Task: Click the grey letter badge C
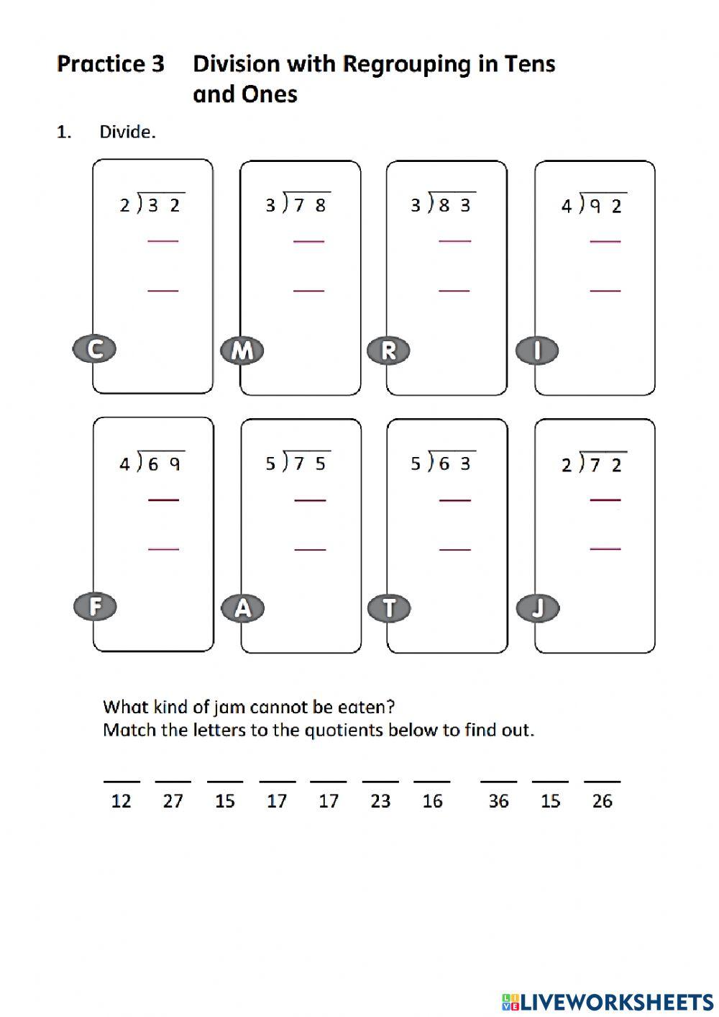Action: pyautogui.click(x=94, y=349)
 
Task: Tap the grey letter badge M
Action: pyautogui.click(x=242, y=350)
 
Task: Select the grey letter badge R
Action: pyautogui.click(x=388, y=351)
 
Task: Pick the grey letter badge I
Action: pyautogui.click(x=537, y=351)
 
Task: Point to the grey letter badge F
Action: pyautogui.click(x=95, y=607)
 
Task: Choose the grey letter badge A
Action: pyautogui.click(x=243, y=608)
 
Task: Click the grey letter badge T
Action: pyautogui.click(x=389, y=608)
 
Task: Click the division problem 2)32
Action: pyautogui.click(x=151, y=204)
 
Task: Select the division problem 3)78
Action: pyautogui.click(x=296, y=204)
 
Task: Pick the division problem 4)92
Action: pyautogui.click(x=592, y=205)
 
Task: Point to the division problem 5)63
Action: pyautogui.click(x=441, y=463)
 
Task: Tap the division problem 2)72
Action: pyautogui.click(x=592, y=464)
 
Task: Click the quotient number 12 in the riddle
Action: pyautogui.click(x=121, y=801)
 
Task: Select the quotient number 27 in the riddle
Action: pyautogui.click(x=173, y=801)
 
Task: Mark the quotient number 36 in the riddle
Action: pyautogui.click(x=498, y=801)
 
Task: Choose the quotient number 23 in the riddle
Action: pyautogui.click(x=380, y=801)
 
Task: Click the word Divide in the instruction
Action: pyautogui.click(x=127, y=132)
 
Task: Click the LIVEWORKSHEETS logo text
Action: pyautogui.click(x=615, y=1001)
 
